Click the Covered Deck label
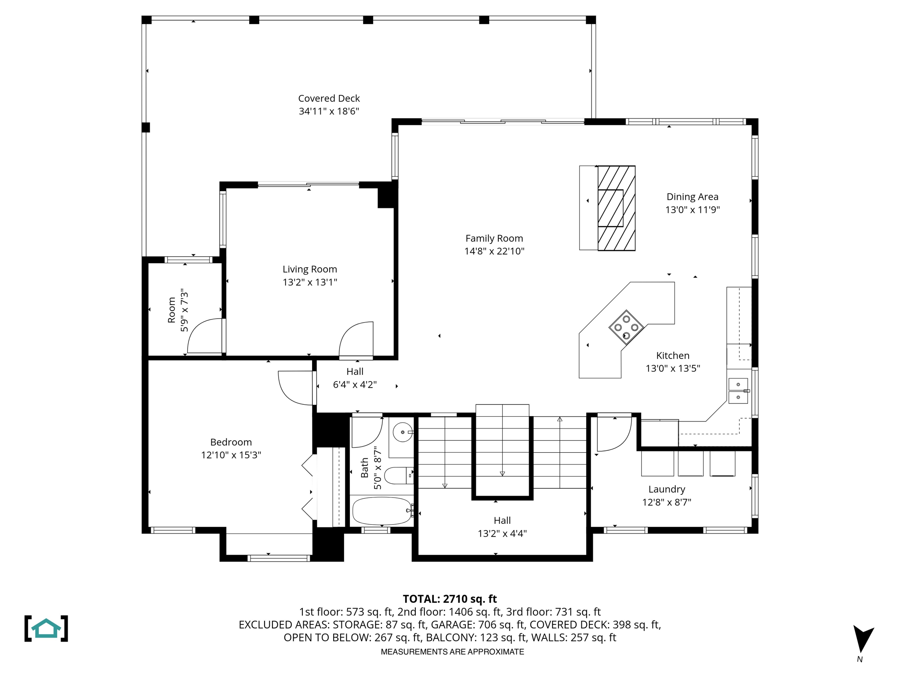point(329,98)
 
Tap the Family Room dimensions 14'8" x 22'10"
point(494,251)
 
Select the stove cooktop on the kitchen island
point(626,327)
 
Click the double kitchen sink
point(738,391)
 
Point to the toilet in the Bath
point(398,475)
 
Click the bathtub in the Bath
point(381,511)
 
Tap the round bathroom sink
point(402,432)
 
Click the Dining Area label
point(692,197)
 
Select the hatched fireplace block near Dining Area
point(616,208)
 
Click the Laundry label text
point(667,489)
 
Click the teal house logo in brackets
point(46,628)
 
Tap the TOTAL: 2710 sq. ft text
point(450,599)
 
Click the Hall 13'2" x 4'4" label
point(502,527)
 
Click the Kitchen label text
point(672,356)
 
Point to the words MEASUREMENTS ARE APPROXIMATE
point(452,652)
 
